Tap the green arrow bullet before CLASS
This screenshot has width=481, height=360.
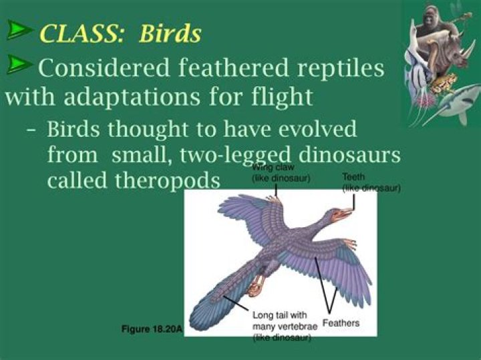click(x=21, y=30)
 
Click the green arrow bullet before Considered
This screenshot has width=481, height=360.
click(x=21, y=64)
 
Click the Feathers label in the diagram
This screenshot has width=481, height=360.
click(x=341, y=323)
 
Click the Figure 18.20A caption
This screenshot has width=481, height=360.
click(x=152, y=329)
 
